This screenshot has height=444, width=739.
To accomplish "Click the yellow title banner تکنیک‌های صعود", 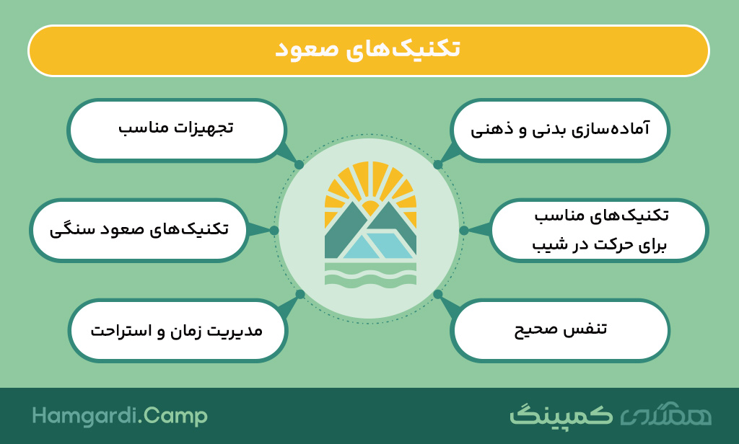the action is point(369,50).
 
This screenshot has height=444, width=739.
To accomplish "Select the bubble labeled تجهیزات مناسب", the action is point(177,130).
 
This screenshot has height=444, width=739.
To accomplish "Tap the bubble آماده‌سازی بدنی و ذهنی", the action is point(560,130).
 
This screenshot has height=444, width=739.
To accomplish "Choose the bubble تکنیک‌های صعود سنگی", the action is point(139,230).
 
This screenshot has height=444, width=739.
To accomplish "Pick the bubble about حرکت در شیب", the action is point(598,230).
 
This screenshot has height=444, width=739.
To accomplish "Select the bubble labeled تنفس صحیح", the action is point(560,331).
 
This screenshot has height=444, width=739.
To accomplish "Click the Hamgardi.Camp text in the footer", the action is point(120,416).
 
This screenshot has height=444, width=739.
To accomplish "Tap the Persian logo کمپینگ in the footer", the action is point(561,414).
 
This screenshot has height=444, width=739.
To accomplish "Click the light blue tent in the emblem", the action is point(377,244).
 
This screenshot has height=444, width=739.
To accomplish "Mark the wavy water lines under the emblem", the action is point(370,274).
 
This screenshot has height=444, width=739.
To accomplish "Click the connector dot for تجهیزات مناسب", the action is point(299,165).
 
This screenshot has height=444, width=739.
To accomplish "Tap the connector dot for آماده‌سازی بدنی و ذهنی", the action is point(438,165).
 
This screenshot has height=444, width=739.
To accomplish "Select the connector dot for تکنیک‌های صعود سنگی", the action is point(274,230).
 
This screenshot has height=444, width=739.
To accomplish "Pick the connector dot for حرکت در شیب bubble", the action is point(464,230).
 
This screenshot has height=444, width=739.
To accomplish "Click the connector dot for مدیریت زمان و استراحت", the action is point(300,294).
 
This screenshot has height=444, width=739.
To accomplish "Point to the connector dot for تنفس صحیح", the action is point(437,294).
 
